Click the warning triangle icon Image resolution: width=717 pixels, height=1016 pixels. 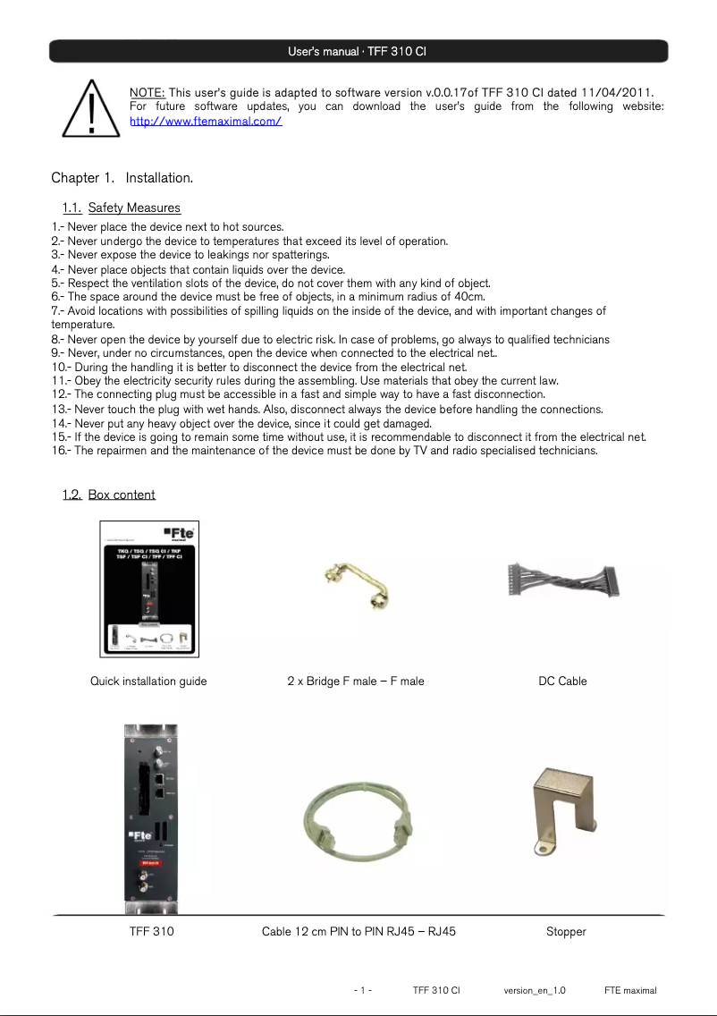tap(91, 108)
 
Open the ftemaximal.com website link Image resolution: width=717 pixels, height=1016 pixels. tap(206, 121)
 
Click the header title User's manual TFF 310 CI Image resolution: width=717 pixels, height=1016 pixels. tap(358, 51)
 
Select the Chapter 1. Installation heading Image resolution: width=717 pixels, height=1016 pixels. tap(122, 178)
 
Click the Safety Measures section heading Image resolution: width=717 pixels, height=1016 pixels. tap(134, 208)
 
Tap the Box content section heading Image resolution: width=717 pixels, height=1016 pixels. tap(122, 495)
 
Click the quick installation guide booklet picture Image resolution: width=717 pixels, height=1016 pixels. tap(148, 588)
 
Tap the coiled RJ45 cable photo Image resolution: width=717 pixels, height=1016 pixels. tap(357, 820)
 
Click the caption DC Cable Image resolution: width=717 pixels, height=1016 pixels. tap(562, 682)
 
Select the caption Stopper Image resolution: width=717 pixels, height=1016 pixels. tap(566, 932)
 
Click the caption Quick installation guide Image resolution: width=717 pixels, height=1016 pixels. tap(148, 682)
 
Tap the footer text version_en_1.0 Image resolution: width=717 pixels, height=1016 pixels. tap(535, 991)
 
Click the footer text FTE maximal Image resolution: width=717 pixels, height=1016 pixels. tap(630, 991)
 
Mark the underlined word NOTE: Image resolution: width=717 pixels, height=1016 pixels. tap(148, 93)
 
